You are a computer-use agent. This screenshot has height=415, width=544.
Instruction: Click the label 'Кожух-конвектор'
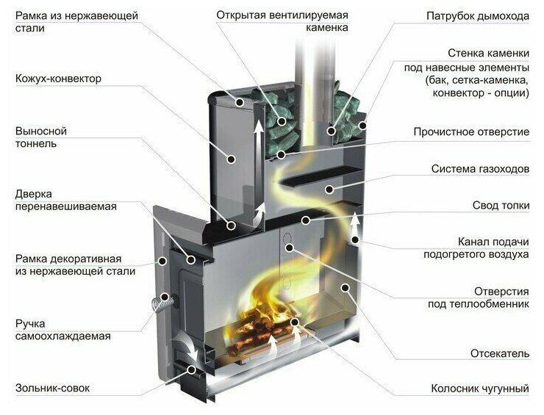[59, 79]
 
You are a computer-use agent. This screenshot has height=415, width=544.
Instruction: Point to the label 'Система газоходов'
[480, 169]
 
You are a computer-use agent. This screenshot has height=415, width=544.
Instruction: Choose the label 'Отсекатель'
[500, 353]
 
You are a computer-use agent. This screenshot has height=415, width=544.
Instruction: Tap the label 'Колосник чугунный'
[480, 389]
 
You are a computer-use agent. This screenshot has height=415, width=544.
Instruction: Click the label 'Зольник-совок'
[52, 388]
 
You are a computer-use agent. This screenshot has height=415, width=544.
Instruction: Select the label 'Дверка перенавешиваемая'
[65, 200]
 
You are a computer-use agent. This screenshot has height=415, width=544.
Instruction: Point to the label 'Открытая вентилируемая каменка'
[282, 21]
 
